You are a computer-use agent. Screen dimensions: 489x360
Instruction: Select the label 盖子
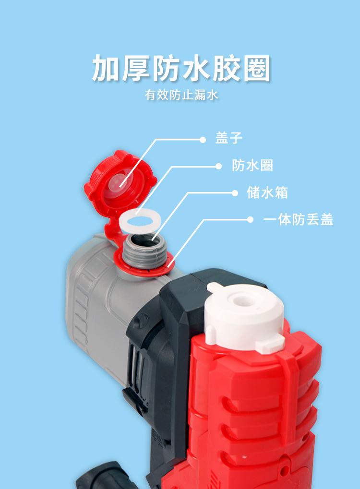point(229,139)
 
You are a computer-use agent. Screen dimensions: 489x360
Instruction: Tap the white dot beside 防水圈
point(219,166)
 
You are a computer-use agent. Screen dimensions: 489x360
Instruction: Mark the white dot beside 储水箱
point(235,193)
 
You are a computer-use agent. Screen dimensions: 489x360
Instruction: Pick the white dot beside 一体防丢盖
point(250,220)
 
